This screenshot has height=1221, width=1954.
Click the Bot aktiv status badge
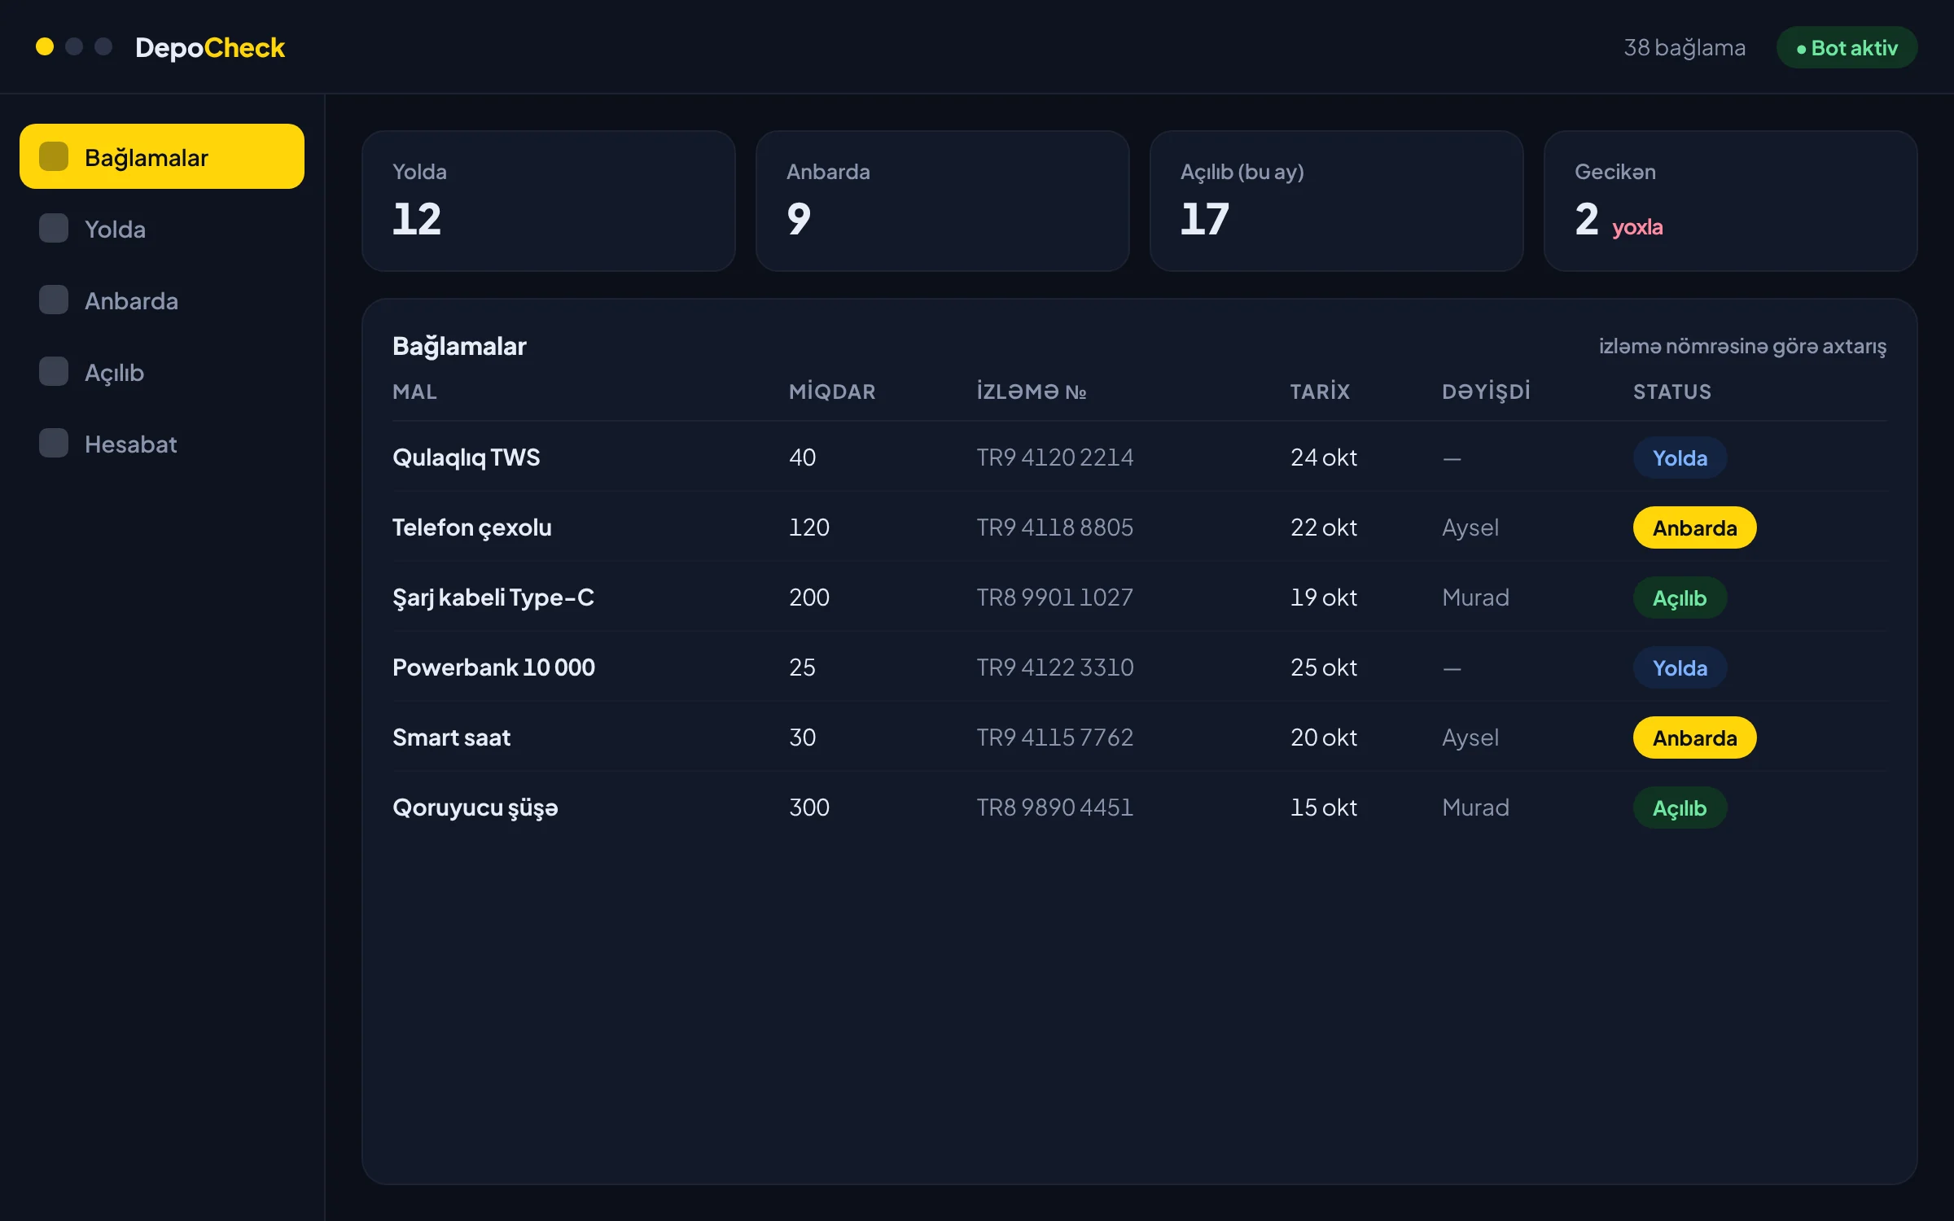click(x=1847, y=48)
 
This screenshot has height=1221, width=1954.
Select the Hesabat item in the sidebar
click(x=130, y=444)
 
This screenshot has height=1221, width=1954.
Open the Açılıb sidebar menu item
click(x=114, y=372)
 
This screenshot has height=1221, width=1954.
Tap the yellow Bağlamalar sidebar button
click(x=162, y=156)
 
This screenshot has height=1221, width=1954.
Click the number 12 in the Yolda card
click(x=417, y=219)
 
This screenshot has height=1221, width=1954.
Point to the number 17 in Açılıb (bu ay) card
click(x=1205, y=219)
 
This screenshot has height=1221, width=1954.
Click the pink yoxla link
click(x=1637, y=226)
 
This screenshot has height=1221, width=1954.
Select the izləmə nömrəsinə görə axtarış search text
click(x=1742, y=346)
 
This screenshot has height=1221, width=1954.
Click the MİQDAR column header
click(x=832, y=392)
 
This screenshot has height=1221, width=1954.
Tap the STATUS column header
click(x=1672, y=392)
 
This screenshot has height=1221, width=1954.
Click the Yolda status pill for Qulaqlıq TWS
click(x=1680, y=457)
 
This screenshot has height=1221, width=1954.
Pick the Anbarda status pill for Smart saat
click(x=1694, y=737)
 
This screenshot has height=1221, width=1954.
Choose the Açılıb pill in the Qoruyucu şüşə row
click(x=1680, y=807)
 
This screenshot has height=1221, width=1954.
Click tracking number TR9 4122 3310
click(x=1055, y=667)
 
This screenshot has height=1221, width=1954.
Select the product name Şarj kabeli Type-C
click(x=493, y=597)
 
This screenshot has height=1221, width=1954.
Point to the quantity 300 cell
click(x=809, y=807)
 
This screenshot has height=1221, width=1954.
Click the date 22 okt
click(x=1324, y=527)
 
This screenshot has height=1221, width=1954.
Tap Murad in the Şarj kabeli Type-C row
click(x=1475, y=597)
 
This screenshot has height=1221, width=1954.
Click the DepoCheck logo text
click(x=210, y=47)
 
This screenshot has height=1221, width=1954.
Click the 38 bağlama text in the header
click(x=1685, y=48)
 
